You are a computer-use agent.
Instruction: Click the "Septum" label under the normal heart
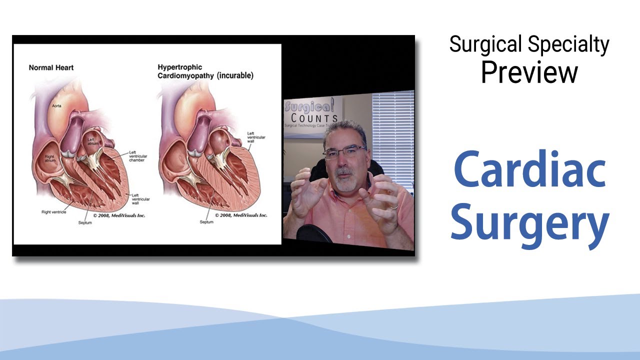coord(85,222)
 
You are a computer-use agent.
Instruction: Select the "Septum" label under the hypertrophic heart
coord(206,221)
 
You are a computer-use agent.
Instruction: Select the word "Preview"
coord(529,72)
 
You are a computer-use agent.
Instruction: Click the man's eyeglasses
coord(344,151)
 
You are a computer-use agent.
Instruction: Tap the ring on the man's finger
coord(394,206)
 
